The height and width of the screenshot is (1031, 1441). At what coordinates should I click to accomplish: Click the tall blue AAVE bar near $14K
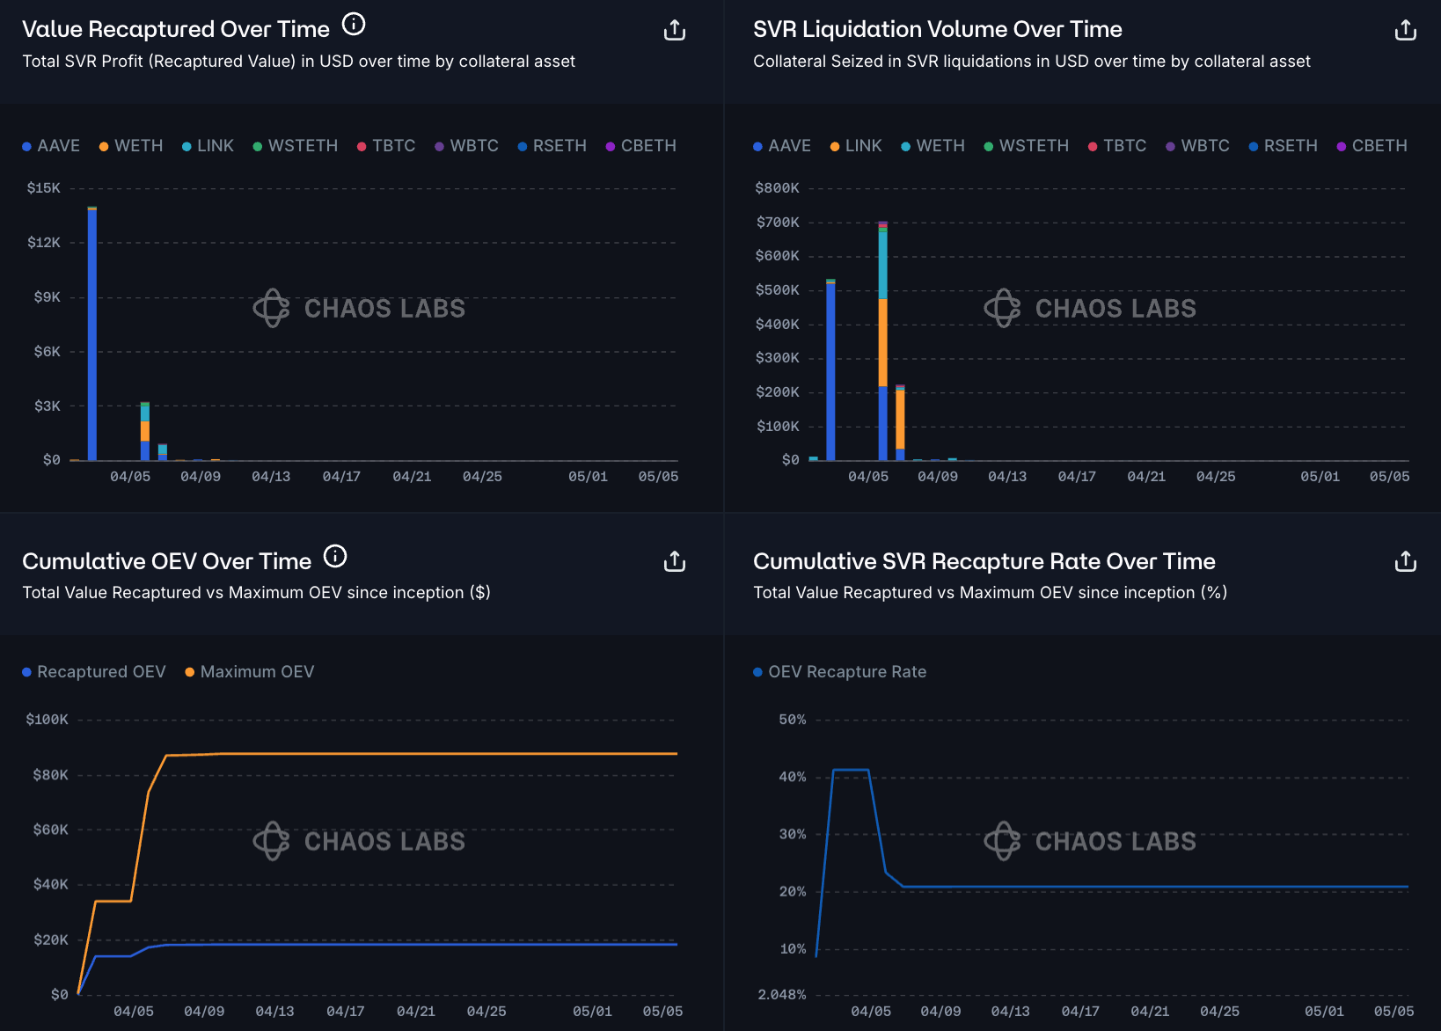click(x=92, y=334)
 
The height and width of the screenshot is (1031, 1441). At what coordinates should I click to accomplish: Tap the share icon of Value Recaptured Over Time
click(x=674, y=31)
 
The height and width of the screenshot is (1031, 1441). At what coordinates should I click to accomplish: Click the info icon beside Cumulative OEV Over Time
click(x=335, y=556)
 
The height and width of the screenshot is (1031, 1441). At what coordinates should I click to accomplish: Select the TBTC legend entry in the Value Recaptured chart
click(x=386, y=146)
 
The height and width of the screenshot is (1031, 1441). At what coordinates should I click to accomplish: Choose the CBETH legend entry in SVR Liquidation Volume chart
click(x=1372, y=146)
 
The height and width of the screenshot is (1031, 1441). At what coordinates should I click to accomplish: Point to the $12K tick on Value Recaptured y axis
click(x=44, y=243)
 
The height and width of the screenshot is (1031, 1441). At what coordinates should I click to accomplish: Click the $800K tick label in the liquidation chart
click(x=777, y=188)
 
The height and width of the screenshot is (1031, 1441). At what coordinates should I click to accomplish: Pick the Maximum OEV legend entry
click(x=249, y=672)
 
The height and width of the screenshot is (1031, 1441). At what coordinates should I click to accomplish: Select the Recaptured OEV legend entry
click(x=93, y=672)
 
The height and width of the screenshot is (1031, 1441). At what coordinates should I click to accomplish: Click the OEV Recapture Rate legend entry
click(x=839, y=672)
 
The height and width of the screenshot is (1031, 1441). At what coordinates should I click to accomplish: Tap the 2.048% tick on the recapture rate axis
click(x=781, y=995)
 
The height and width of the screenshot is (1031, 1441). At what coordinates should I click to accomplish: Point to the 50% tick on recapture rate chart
click(x=792, y=720)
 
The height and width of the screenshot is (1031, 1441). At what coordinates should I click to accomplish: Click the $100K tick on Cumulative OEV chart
click(x=47, y=720)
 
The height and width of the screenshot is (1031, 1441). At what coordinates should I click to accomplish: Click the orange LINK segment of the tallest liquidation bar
click(x=882, y=343)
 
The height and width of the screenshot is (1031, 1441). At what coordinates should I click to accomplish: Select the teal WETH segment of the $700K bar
click(x=882, y=264)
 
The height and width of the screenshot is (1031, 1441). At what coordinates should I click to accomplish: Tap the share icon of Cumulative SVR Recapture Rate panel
click(x=1405, y=561)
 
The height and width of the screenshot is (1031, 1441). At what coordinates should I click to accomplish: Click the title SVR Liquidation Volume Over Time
click(x=937, y=30)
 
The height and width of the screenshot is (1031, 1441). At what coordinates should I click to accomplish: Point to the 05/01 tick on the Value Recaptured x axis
click(x=588, y=477)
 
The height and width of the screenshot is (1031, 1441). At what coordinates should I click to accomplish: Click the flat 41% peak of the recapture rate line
click(x=851, y=771)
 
